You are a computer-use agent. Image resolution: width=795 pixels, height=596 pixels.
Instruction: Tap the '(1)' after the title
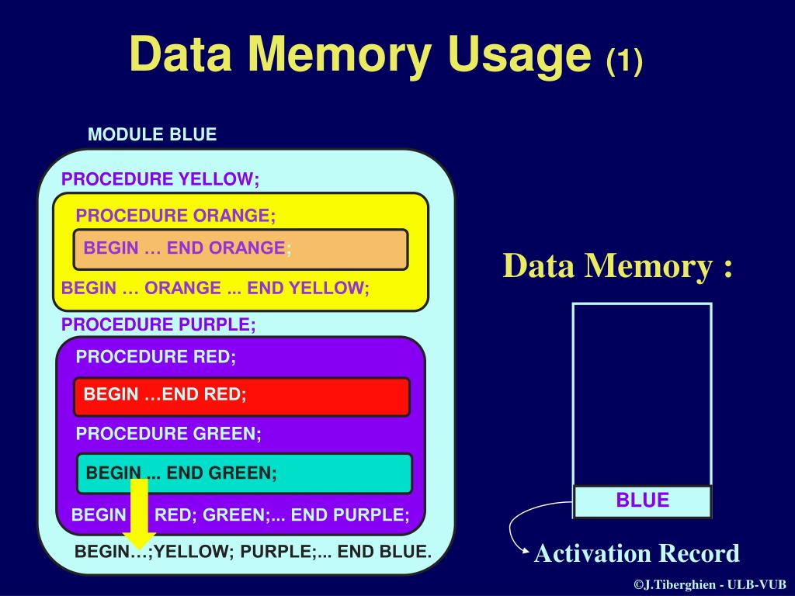[624, 61]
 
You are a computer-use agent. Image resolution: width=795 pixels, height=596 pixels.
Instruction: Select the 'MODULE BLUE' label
[152, 134]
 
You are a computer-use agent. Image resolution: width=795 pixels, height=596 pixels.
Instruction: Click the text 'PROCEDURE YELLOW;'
[161, 179]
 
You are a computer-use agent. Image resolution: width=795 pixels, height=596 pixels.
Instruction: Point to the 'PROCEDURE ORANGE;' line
[175, 215]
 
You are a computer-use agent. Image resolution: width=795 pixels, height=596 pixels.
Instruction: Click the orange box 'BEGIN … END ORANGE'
[241, 249]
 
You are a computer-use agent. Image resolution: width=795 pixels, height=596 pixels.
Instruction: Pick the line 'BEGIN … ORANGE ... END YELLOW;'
[215, 288]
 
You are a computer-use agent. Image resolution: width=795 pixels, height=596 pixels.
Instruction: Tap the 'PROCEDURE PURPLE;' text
[158, 324]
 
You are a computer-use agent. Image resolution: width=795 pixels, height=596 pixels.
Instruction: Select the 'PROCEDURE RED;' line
[155, 357]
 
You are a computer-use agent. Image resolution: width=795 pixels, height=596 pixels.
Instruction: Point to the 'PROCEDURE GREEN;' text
[168, 434]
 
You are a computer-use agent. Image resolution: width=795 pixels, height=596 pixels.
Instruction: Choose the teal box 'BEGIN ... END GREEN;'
[244, 473]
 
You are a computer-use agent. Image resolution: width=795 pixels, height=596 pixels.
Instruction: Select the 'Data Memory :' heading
[618, 266]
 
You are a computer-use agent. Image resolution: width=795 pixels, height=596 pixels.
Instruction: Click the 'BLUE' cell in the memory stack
[642, 501]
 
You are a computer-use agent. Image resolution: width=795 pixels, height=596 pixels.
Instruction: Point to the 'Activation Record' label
[637, 553]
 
